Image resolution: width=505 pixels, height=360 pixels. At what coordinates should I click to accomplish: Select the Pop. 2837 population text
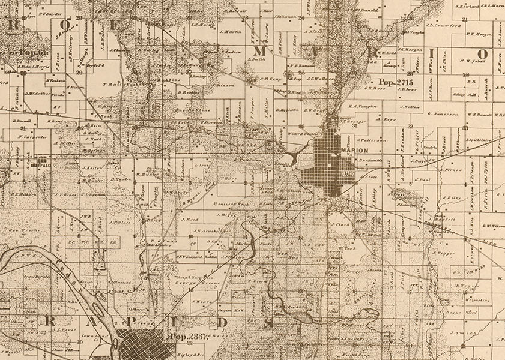(x=188, y=338)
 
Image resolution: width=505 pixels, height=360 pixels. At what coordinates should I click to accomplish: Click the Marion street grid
(x=324, y=171)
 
